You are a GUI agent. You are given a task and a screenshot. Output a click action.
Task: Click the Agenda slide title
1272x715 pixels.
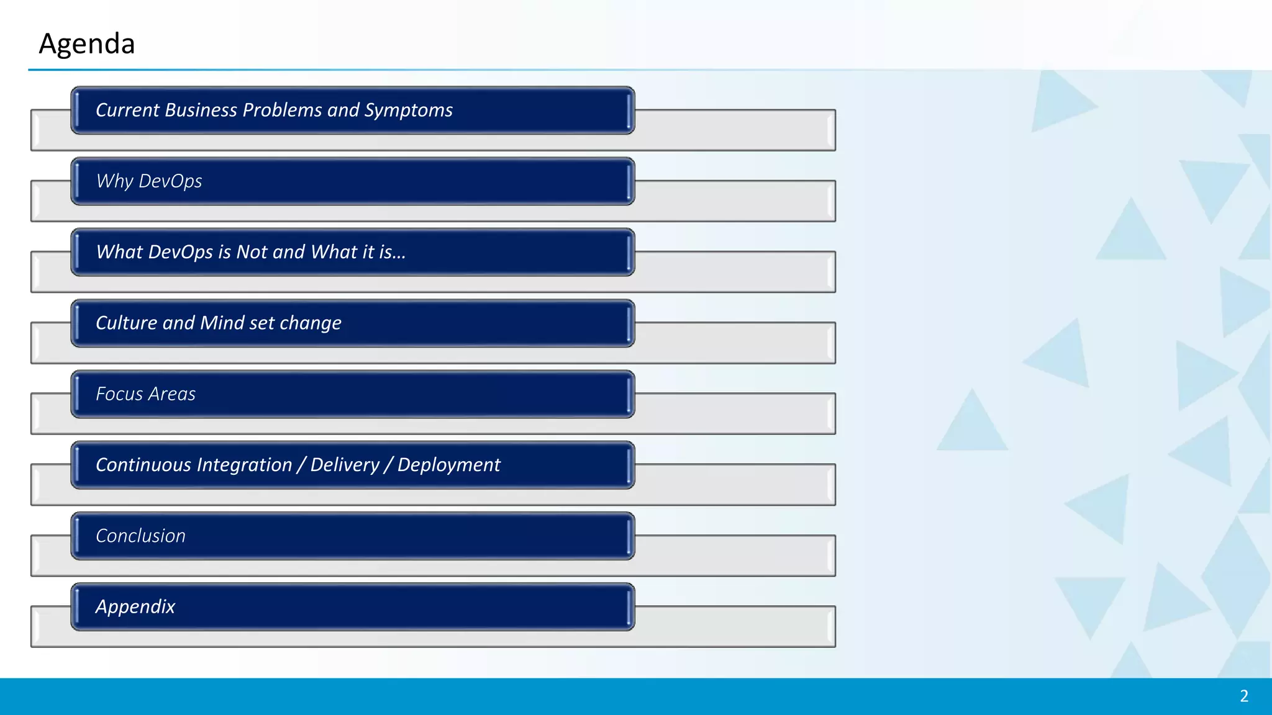[x=87, y=44]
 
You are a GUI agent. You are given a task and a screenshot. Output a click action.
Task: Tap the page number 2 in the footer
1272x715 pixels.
[x=1243, y=696]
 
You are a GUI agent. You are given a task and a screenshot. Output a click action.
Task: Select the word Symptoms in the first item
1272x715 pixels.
[x=408, y=110]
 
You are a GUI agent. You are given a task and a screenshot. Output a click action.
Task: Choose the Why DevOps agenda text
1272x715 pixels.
[x=149, y=181]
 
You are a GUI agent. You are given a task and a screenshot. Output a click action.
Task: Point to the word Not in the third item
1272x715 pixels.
[x=252, y=252]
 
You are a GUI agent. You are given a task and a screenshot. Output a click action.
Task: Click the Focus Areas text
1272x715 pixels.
[x=145, y=394]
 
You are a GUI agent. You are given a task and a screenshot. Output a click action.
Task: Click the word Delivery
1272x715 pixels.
[x=345, y=465]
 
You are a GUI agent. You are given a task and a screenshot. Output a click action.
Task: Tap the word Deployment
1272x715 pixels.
[x=448, y=465]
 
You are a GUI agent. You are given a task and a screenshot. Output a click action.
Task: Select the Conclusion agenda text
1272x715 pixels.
[x=140, y=536]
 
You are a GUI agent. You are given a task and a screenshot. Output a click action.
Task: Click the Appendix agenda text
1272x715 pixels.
[x=135, y=607]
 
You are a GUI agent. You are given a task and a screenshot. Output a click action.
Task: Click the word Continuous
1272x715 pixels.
[x=143, y=465]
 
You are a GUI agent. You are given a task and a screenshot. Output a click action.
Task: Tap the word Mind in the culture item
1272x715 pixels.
[x=222, y=323]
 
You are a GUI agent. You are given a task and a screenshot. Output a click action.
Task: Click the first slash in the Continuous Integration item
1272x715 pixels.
[x=301, y=465]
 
